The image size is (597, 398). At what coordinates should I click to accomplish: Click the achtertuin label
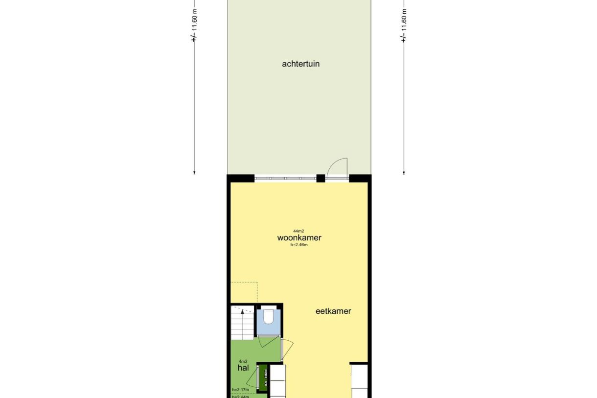[x=300, y=64]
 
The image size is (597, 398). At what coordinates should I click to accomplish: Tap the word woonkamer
[x=299, y=238]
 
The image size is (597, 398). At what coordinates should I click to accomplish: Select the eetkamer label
[x=333, y=311]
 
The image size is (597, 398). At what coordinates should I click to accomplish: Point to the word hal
[x=243, y=367]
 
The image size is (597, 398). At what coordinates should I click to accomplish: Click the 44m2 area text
[x=298, y=231]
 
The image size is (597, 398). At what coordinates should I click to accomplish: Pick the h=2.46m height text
[x=298, y=245]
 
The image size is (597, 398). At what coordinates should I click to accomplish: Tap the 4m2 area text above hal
[x=243, y=361]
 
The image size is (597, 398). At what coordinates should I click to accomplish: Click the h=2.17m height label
[x=240, y=390]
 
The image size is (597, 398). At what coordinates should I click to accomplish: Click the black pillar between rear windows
[x=321, y=178]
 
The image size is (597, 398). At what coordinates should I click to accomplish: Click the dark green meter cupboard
[x=263, y=377]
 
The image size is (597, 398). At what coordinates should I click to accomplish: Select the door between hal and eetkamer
[x=289, y=349]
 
